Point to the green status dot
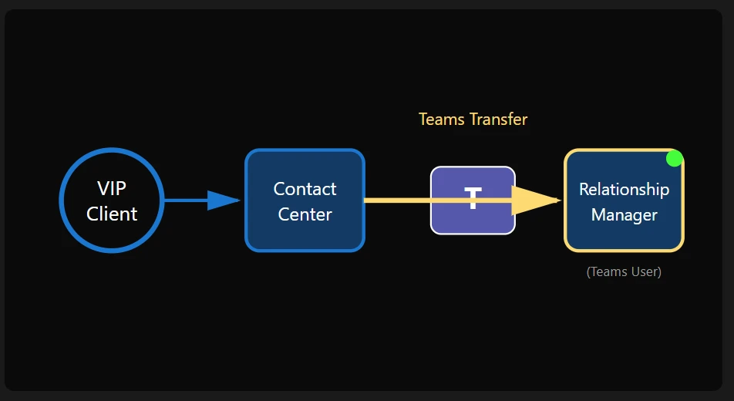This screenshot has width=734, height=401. pos(675,159)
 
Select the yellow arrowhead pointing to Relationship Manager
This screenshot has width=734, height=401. pos(536,200)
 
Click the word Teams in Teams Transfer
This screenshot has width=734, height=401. pos(440,120)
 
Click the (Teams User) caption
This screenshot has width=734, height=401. pos(624,271)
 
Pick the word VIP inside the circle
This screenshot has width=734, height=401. pos(112,189)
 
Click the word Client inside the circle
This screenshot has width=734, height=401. pos(112,214)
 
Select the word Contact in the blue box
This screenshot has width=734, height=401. pos(305,189)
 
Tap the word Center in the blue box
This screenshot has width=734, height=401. pos(305,214)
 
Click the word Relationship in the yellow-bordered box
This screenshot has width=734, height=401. pos(624,189)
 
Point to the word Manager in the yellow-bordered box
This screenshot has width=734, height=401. pos(624,214)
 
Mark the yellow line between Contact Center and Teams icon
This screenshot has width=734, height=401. pos(397,200)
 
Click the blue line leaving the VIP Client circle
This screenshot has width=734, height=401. pos(185,200)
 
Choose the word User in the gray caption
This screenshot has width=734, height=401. pos(644,271)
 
